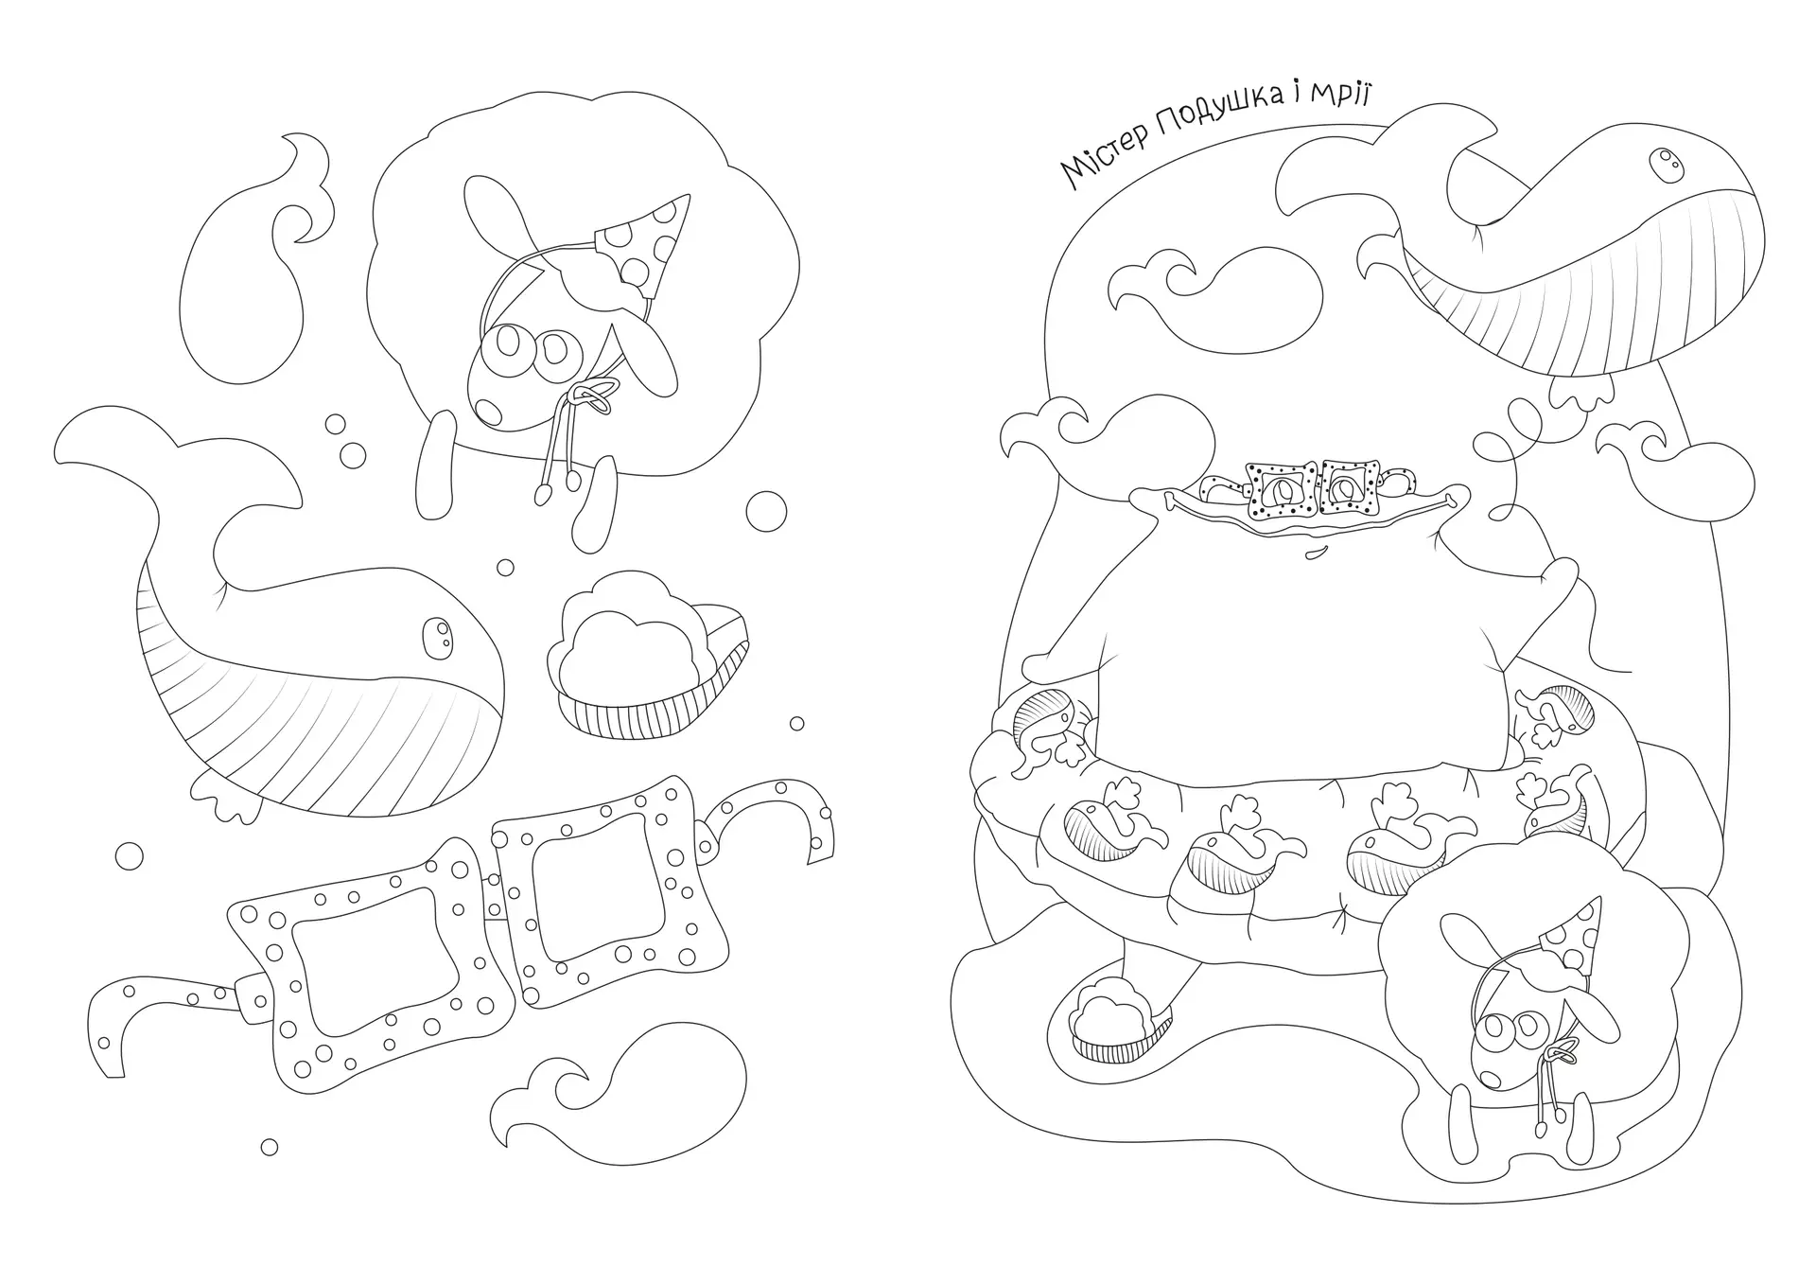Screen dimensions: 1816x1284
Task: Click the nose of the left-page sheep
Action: [488, 409]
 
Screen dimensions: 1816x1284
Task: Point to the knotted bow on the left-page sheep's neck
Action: [594, 393]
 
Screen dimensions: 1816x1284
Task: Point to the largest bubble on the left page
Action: [766, 511]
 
